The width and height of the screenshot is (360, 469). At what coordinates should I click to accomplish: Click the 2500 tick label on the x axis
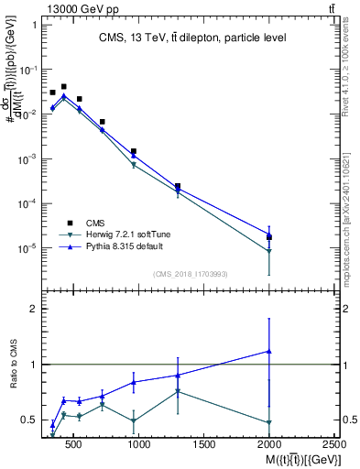[x=335, y=445]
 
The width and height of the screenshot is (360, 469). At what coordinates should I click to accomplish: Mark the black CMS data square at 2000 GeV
[x=269, y=237]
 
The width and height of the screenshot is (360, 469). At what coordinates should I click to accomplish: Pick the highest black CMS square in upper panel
[x=63, y=87]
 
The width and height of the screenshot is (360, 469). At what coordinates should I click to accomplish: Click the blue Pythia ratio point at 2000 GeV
[x=269, y=351]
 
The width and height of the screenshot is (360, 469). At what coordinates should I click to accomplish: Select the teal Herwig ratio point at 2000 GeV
[x=269, y=422]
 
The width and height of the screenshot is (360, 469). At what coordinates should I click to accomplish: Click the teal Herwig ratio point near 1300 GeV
[x=178, y=392]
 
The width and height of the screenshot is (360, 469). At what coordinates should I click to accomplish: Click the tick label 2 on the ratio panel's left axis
[x=34, y=310]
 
